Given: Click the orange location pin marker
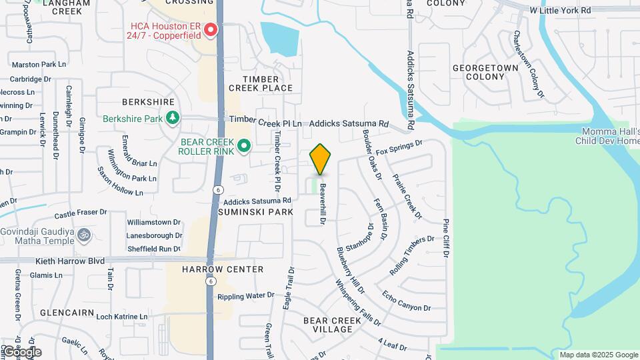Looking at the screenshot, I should [x=321, y=159].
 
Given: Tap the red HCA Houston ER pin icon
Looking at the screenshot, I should [x=211, y=30].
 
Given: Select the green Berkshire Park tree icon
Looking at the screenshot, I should [x=173, y=118].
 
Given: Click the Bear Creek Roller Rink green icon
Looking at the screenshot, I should [x=244, y=145].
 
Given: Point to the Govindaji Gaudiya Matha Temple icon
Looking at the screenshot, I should [x=84, y=235].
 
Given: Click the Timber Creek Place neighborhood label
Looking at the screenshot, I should [x=261, y=83].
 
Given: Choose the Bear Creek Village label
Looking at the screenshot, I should [x=332, y=325].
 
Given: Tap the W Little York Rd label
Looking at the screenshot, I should [x=560, y=11].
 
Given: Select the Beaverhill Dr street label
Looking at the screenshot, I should [x=323, y=203].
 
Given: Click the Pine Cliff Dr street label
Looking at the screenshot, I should [x=445, y=238].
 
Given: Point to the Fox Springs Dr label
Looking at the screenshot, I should [x=399, y=147].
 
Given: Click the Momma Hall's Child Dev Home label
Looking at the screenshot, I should [x=607, y=136].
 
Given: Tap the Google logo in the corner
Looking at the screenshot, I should [x=21, y=352].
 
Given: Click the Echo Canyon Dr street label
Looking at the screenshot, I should [x=407, y=300].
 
